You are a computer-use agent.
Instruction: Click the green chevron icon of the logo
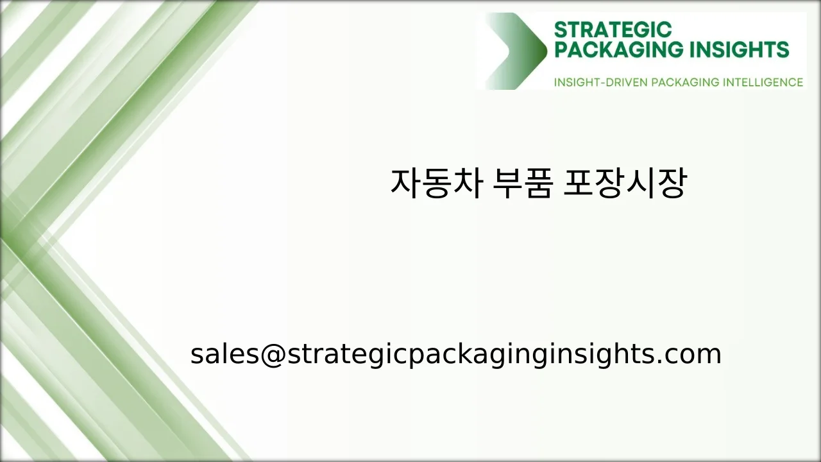[x=517, y=51]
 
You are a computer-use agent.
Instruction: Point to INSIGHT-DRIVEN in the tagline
[x=600, y=82]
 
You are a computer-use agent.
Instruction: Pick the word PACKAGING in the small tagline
[x=685, y=82]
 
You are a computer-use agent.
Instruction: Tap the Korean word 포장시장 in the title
[x=624, y=184]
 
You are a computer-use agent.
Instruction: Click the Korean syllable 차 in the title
[x=466, y=184]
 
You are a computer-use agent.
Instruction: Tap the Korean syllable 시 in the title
[x=639, y=184]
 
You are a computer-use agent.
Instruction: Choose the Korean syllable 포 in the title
[x=578, y=184]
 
